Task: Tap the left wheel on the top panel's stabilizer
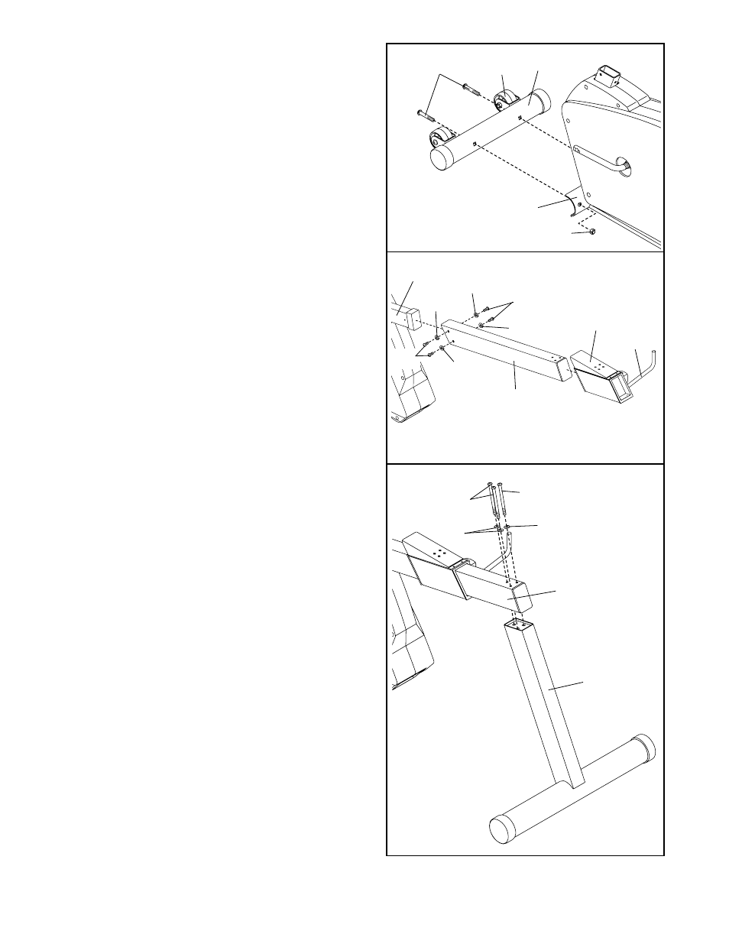(x=439, y=141)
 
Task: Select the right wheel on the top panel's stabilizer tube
(x=504, y=102)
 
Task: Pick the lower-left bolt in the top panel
(x=423, y=115)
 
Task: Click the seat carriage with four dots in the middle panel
(x=600, y=373)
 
